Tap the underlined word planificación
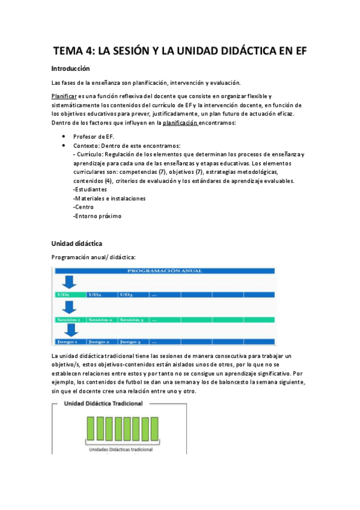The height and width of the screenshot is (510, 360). (x=177, y=123)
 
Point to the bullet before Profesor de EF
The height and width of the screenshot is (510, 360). (x=64, y=137)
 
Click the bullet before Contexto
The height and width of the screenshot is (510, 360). (x=64, y=146)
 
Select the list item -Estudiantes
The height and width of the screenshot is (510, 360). (x=90, y=189)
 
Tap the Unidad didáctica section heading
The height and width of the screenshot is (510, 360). (x=77, y=244)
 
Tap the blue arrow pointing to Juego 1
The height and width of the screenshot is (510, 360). (x=70, y=331)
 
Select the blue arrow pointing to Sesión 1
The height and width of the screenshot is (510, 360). (x=70, y=307)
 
